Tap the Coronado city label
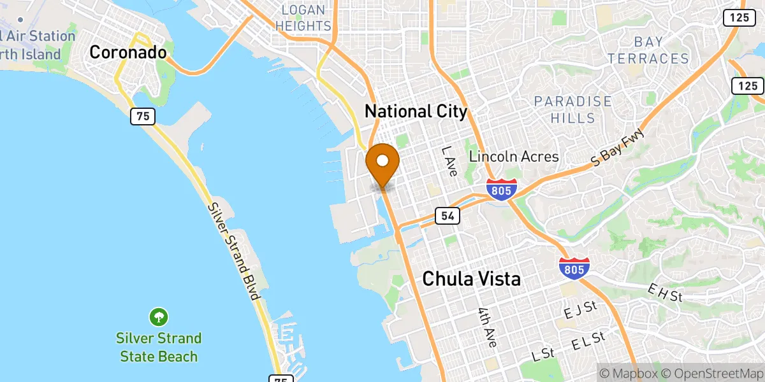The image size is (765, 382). coord(131,52)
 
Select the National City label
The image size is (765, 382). coord(416,111)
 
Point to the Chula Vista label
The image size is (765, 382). coord(471,278)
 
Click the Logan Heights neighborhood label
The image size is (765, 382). coord(307,18)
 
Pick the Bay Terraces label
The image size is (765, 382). coord(648,50)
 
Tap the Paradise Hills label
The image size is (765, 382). coord(572,110)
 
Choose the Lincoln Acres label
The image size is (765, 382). coord(514,156)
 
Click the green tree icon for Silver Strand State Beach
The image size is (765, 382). coord(158,316)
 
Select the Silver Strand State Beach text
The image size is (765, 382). coord(159,347)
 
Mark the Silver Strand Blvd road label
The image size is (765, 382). coord(234,252)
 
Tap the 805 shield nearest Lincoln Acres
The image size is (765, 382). coord(500,189)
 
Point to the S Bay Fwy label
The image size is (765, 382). coord(618,148)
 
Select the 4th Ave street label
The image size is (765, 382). coord(487,329)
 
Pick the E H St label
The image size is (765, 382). coord(665,294)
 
